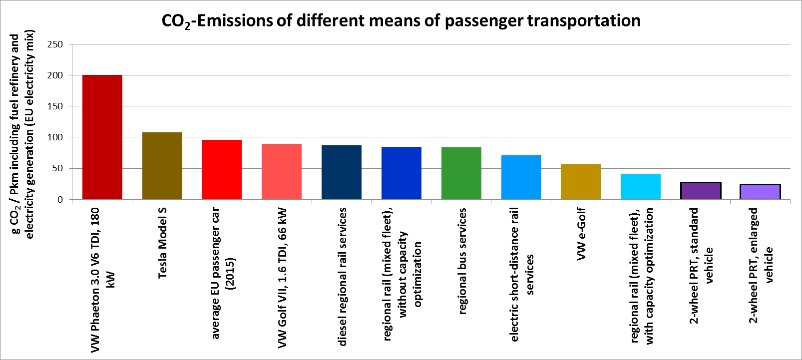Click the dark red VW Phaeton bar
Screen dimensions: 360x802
(102, 137)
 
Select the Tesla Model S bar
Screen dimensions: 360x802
(162, 166)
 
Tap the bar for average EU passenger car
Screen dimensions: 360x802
(222, 170)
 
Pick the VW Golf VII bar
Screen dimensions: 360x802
(282, 172)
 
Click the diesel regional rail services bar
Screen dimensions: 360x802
(342, 172)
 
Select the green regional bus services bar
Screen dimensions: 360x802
(461, 173)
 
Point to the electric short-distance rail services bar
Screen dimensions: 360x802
(521, 177)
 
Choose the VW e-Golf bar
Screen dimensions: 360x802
(581, 182)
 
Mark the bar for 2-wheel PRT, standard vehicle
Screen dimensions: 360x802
(701, 191)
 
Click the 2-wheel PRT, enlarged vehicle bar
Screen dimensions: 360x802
(760, 192)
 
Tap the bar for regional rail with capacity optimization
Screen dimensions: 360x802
(641, 187)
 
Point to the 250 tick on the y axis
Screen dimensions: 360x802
(55, 44)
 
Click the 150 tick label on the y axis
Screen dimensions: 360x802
(55, 106)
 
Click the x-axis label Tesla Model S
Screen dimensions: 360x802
(162, 243)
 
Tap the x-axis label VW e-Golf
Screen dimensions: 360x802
(581, 234)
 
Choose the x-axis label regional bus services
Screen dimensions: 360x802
(462, 261)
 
